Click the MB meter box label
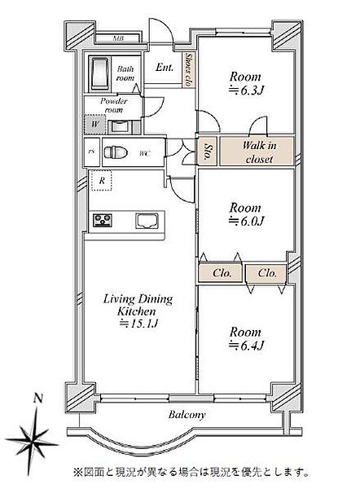[118, 38]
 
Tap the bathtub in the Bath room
[99, 73]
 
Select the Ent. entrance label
[165, 67]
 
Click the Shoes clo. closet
[189, 70]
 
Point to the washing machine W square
[94, 124]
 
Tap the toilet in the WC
[116, 153]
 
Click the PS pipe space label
[91, 152]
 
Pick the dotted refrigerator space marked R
[102, 180]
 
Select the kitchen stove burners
[103, 220]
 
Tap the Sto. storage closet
[207, 152]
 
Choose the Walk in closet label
[259, 152]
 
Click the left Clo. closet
[221, 274]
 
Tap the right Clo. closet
[266, 274]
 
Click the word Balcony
[187, 415]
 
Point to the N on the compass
[38, 399]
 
